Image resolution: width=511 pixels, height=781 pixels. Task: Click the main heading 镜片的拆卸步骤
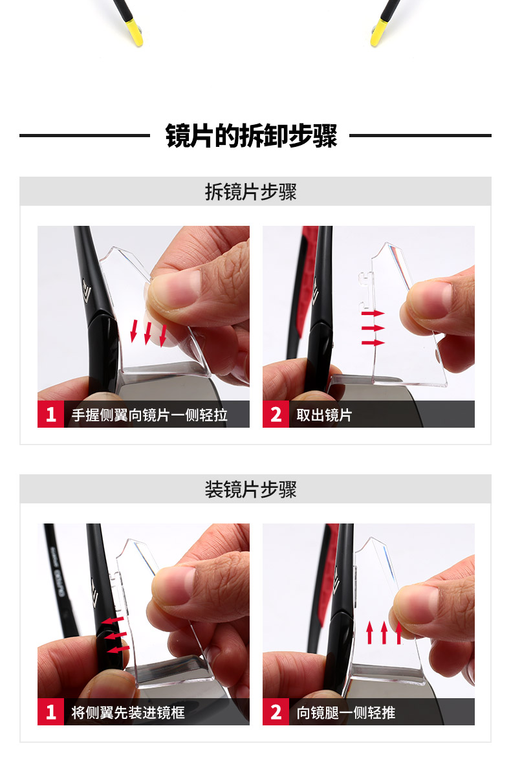252,136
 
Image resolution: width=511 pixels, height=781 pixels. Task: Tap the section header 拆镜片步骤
250,192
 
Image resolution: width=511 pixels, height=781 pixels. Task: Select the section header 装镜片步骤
250,489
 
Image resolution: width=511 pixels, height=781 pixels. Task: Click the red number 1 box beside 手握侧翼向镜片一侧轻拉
51,414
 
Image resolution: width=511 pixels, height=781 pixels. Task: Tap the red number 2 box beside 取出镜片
276,414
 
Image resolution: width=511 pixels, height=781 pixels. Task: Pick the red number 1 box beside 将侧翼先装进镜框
51,712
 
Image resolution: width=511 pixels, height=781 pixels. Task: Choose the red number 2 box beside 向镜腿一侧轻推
276,712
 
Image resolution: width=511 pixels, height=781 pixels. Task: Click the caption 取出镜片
324,415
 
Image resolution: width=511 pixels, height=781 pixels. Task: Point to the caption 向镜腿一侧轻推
346,712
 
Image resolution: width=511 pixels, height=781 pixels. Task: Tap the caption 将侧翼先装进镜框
128,712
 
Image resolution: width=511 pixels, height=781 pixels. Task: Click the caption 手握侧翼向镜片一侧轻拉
149,415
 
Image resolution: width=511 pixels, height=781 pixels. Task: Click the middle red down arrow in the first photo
147,333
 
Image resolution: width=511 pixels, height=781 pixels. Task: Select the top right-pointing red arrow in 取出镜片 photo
373,313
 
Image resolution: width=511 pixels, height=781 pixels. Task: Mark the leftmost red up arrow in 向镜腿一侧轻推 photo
369,633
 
